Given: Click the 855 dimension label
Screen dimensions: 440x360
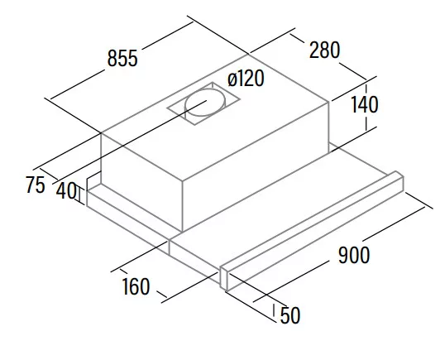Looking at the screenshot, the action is (122, 59).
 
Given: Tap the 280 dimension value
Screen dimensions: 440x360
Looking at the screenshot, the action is (324, 50).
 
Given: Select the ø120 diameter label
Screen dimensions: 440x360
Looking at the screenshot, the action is (246, 79).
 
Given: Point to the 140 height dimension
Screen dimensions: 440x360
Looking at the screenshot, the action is (365, 104).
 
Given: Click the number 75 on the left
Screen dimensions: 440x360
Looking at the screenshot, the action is (36, 185).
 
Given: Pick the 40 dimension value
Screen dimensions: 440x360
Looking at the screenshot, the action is (66, 191).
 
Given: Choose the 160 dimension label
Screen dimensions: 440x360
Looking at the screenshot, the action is (136, 286).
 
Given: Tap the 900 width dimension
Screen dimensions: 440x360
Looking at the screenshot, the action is (354, 255).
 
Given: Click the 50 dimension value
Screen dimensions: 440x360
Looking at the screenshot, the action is (290, 315).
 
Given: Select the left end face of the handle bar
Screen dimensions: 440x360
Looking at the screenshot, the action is (223, 279).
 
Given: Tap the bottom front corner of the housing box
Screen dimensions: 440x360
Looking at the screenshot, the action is (183, 232).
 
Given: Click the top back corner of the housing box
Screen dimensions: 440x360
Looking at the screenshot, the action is (248, 54).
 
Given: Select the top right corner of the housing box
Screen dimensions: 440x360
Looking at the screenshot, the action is (329, 102).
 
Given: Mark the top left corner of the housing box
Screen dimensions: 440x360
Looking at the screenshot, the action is (101, 132).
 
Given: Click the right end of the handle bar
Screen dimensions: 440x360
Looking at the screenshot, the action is (400, 180).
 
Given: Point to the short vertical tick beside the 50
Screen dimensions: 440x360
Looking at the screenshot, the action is (274, 310).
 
